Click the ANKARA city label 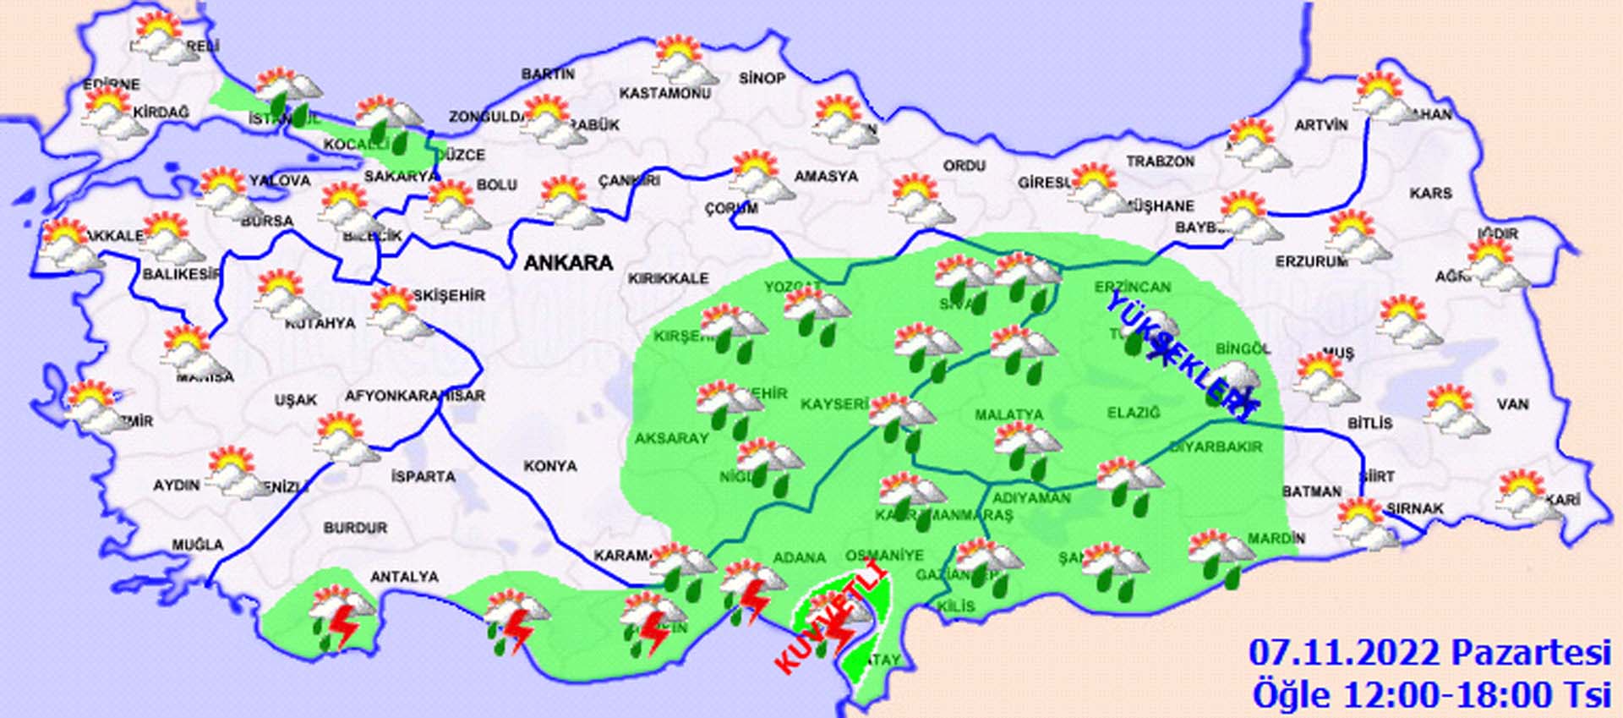[568, 263]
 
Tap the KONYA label [550, 466]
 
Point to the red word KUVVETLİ [832, 622]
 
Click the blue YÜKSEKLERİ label [1178, 355]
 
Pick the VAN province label [1512, 404]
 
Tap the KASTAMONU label [664, 93]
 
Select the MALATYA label [1008, 415]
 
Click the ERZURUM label [1311, 263]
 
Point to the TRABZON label [1160, 161]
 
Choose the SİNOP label [762, 78]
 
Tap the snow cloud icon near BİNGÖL [1237, 382]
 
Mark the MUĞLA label [198, 545]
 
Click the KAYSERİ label [834, 404]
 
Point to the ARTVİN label [1321, 125]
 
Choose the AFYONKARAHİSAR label [415, 396]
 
